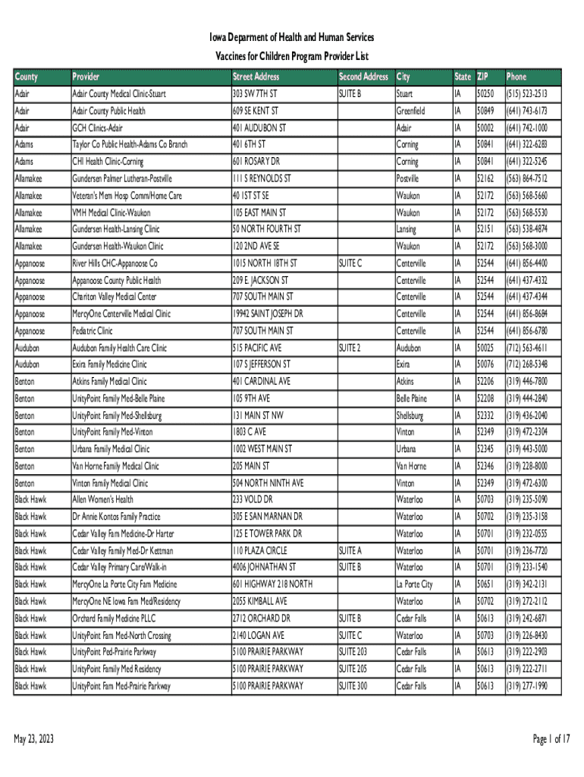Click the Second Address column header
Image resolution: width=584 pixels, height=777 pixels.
363,77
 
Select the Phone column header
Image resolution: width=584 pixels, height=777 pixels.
516,77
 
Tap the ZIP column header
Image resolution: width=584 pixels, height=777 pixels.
483,77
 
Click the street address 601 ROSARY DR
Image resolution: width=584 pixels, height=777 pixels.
256,162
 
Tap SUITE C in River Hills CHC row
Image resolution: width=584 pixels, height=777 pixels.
350,263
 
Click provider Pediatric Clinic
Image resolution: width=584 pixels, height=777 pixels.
92,331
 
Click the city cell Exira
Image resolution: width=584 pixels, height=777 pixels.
404,365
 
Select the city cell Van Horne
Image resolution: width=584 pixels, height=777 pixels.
411,466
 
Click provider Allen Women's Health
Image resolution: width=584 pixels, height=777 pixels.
102,500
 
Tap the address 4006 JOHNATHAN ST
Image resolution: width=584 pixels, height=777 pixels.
265,568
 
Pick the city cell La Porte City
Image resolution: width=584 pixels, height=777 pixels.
414,584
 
